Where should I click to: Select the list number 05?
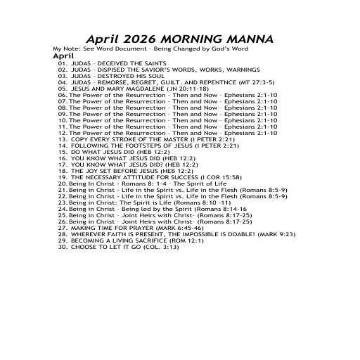click(63, 89)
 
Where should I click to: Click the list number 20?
click(63, 184)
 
